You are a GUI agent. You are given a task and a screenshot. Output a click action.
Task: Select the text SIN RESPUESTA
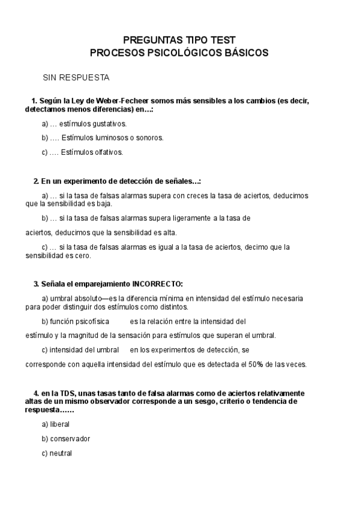[76, 78]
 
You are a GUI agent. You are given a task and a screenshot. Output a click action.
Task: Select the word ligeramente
[185, 218]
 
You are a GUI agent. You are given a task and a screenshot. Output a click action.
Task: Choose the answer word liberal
[60, 424]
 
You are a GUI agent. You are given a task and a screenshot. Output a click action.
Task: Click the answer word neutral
[61, 453]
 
